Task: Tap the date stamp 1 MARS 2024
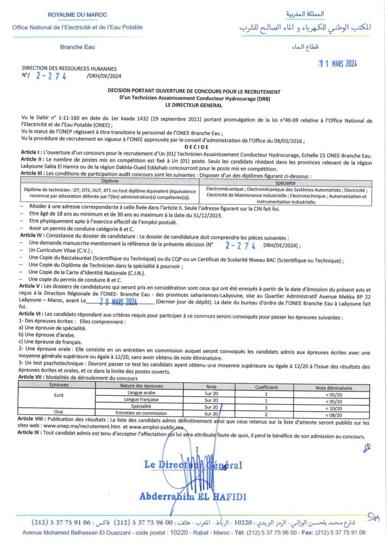(338, 64)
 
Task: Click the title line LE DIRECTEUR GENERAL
(194, 105)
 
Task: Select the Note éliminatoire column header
(333, 386)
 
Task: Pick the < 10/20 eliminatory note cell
(334, 406)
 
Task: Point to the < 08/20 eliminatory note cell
(334, 413)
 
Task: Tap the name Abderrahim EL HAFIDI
(193, 496)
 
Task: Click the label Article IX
(30, 436)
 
